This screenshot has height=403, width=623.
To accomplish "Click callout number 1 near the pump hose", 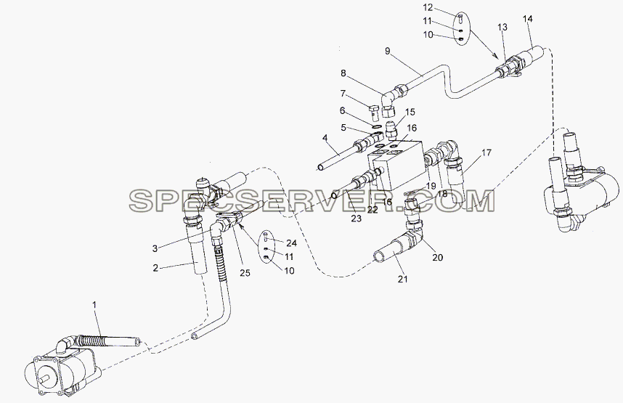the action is click(94, 305).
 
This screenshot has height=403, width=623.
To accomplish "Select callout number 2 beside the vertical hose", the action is click(155, 268).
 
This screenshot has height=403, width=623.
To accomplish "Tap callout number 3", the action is click(155, 249).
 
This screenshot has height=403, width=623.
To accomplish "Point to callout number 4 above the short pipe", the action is click(325, 138).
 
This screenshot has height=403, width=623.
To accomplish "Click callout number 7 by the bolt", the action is click(343, 94).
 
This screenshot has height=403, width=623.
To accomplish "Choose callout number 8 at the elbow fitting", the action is click(343, 73).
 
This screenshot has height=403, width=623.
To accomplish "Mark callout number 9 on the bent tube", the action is click(388, 51).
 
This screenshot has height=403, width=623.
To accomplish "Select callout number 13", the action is click(502, 27).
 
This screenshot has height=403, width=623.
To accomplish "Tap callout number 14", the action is click(528, 19).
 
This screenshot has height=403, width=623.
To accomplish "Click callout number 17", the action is click(486, 152).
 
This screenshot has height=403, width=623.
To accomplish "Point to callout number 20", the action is click(437, 258).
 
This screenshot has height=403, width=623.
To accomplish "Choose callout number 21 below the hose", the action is click(403, 280).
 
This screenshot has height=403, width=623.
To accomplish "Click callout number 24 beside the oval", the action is click(292, 243).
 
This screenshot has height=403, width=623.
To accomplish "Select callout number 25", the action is click(245, 273).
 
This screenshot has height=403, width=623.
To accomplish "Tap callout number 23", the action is click(356, 218).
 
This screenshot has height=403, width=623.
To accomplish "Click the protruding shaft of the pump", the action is click(45, 382).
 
